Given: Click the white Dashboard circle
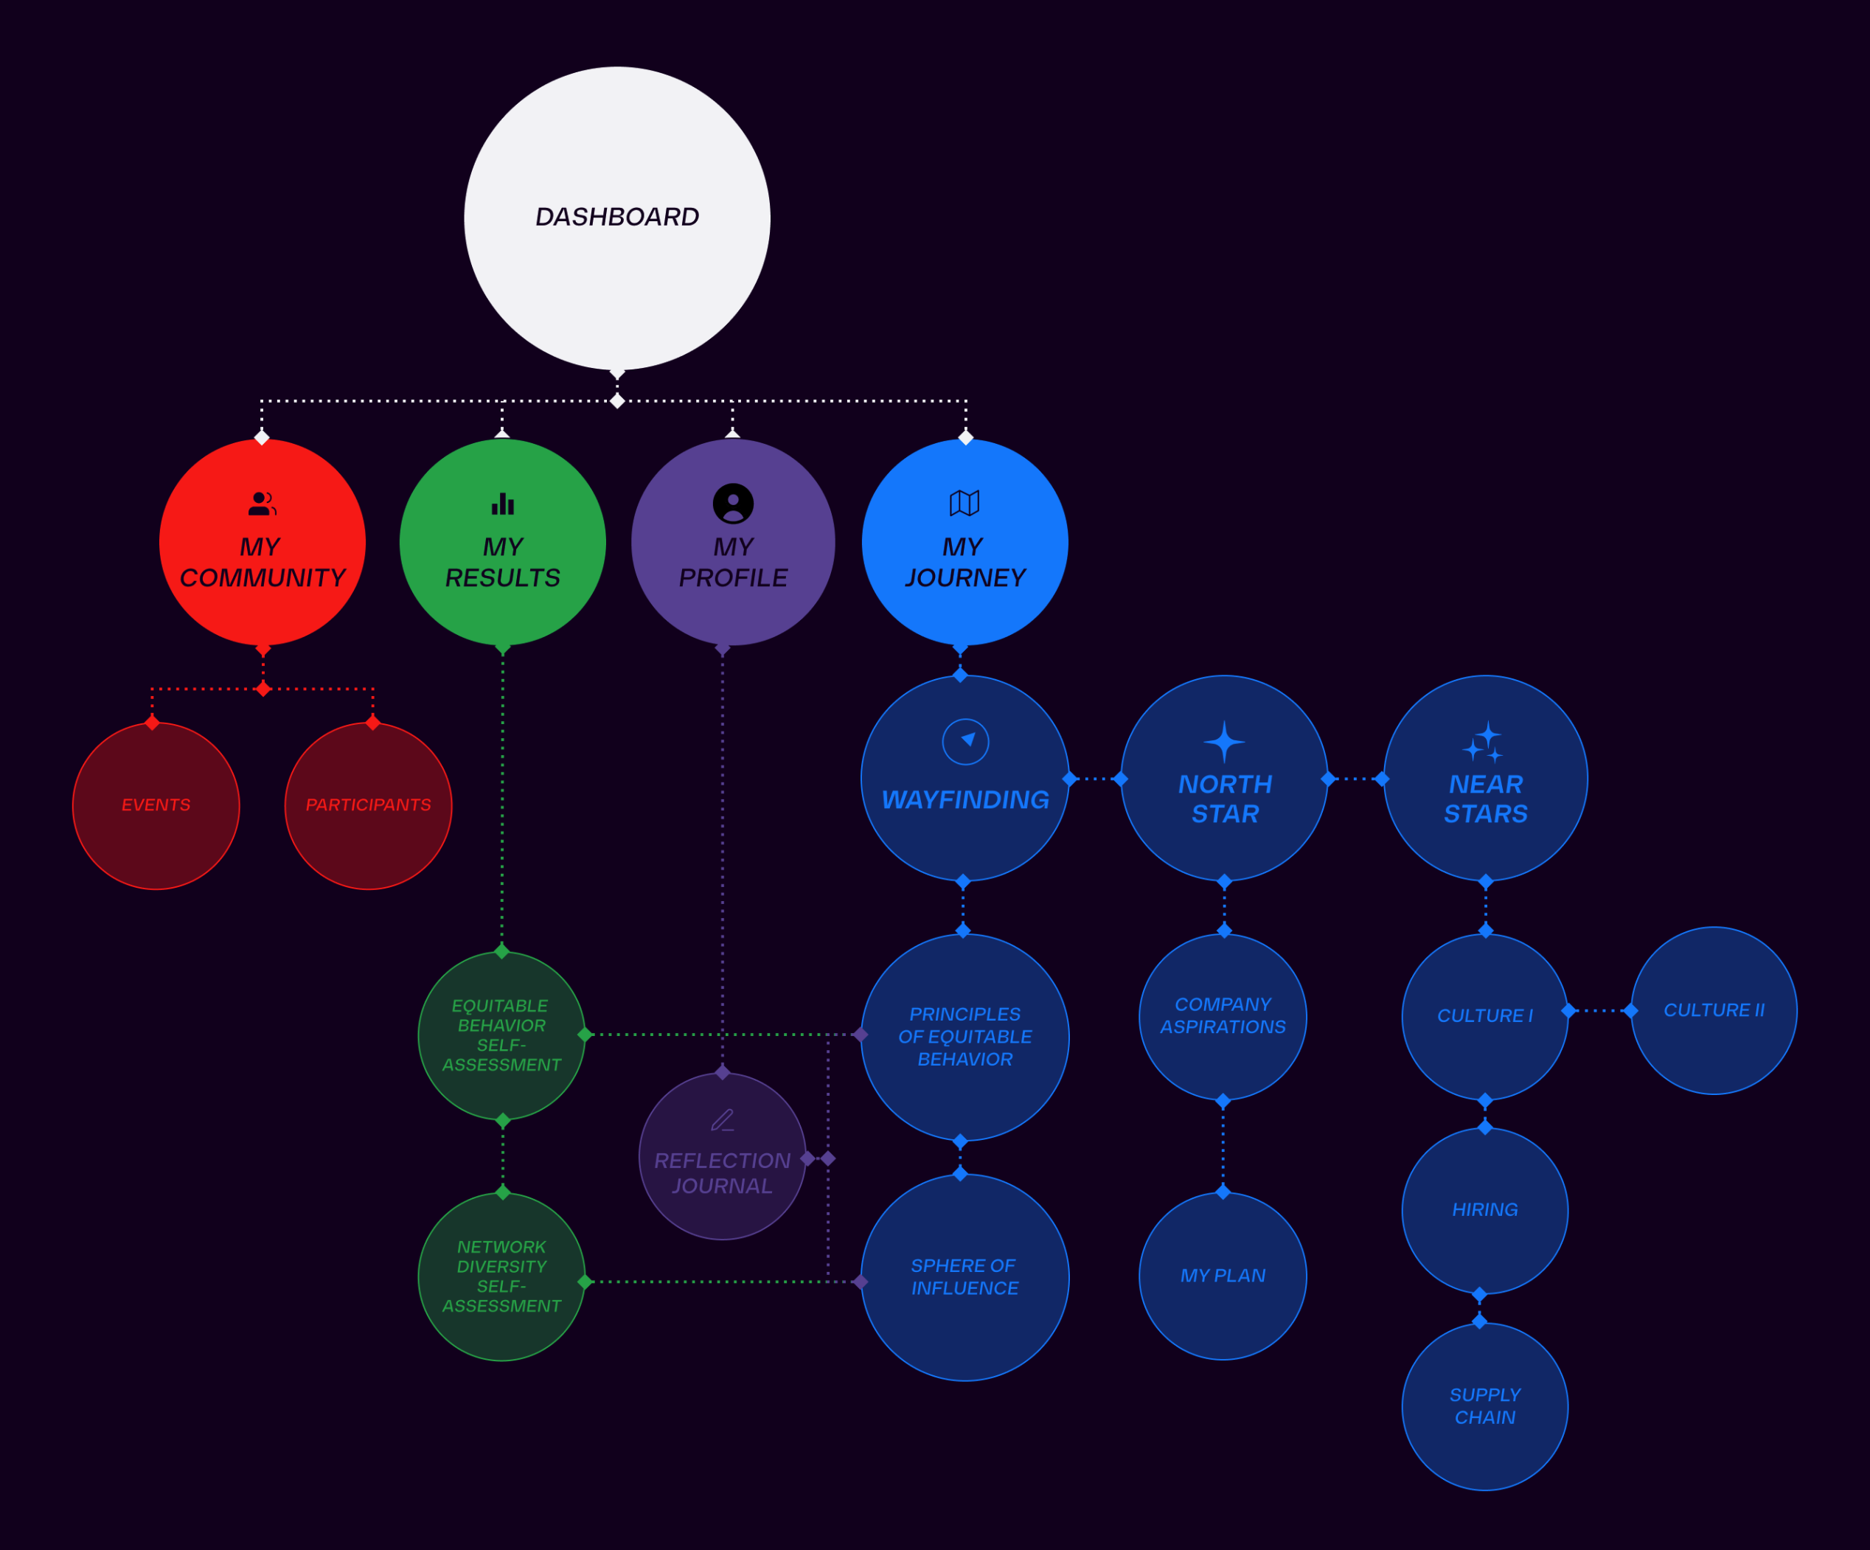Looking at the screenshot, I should click(616, 218).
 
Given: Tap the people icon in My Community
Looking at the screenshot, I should click(262, 504).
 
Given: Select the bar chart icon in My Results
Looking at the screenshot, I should click(502, 504).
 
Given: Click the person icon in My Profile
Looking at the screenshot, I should click(733, 504).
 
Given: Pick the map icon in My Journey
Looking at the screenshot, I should click(964, 503).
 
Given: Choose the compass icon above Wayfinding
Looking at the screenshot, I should click(965, 741).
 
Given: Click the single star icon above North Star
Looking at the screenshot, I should click(1224, 741).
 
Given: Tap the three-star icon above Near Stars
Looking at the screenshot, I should click(1484, 743).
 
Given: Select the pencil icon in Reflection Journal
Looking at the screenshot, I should click(722, 1120).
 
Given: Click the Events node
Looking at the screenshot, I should click(156, 806).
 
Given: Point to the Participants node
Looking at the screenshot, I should click(368, 806).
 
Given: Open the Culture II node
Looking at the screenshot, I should click(1713, 1010).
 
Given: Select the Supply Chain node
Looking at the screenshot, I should click(1484, 1407).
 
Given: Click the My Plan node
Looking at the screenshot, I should click(1223, 1276).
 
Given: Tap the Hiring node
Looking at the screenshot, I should click(1484, 1210).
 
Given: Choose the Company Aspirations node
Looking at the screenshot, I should click(1223, 1016).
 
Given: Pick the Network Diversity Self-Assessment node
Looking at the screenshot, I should click(501, 1276).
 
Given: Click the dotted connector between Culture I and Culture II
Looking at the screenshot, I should click(1599, 1010).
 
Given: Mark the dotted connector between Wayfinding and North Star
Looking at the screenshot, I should click(1095, 779).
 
